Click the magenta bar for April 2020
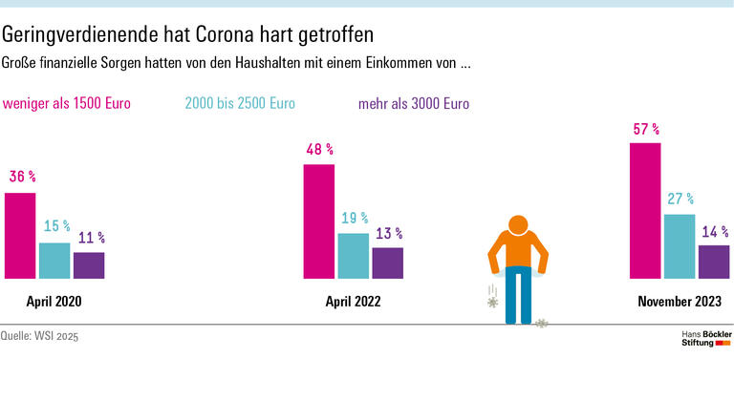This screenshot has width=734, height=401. [20, 236]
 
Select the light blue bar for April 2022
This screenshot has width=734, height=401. [353, 256]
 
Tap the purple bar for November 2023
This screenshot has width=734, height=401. [714, 262]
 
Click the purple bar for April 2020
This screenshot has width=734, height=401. [89, 265]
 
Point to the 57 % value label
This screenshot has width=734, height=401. [645, 129]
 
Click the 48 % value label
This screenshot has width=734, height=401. [319, 150]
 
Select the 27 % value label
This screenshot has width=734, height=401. [680, 200]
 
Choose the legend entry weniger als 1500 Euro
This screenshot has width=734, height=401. [67, 103]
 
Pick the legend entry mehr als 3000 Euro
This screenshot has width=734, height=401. [414, 103]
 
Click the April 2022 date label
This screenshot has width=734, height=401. [354, 301]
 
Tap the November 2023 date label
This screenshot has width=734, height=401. [680, 301]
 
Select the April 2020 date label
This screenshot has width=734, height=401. [54, 301]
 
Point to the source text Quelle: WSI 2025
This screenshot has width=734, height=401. [40, 337]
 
